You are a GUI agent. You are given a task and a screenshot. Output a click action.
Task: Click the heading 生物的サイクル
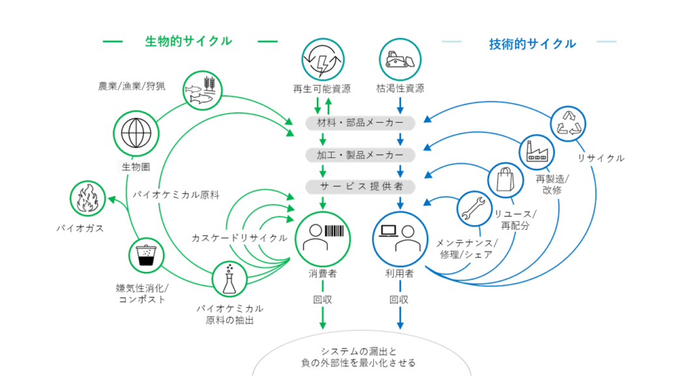[188, 41]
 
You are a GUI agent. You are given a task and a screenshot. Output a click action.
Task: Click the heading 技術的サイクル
[532, 44]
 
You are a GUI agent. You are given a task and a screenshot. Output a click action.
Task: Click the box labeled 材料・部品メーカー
[361, 123]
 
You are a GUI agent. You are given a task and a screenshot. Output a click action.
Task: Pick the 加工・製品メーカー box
[361, 155]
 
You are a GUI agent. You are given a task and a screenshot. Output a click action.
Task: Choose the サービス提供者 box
[361, 187]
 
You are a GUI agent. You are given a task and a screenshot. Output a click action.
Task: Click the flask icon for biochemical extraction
[230, 279]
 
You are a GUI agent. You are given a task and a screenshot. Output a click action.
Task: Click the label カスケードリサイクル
[240, 238]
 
